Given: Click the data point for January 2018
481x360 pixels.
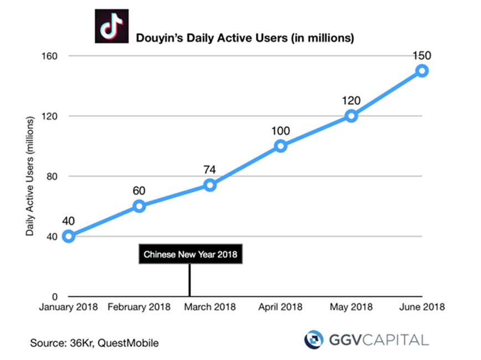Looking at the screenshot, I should pos(69,236).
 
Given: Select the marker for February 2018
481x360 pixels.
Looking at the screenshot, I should pos(139,206).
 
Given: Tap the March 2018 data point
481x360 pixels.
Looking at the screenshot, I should pos(210,185).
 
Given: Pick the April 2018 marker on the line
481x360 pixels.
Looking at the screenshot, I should pos(281,146).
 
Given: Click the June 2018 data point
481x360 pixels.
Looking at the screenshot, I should pos(422,70).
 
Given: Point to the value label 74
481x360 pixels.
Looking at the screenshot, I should pos(210,169).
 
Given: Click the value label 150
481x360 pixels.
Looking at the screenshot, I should pos(422,55).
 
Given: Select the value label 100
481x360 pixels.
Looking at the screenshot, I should pos(281,131).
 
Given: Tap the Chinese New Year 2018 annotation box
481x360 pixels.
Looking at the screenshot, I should pos(190,255).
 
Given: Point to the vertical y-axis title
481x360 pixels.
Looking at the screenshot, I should pos(30,176).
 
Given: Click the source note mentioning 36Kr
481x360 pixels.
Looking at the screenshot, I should pos(95,343).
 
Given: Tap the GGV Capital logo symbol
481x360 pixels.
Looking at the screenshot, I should pos(315,340).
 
